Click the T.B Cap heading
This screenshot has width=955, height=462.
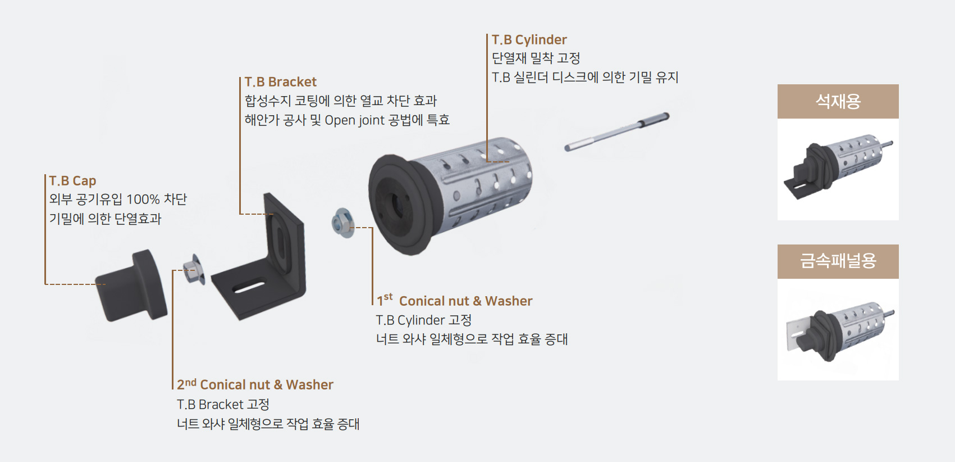pos(72,180)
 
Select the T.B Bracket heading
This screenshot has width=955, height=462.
pos(281,82)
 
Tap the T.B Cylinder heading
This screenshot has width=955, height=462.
pos(529,40)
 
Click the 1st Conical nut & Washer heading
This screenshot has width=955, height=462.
pos(455,301)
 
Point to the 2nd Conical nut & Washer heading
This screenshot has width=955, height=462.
pos(255,384)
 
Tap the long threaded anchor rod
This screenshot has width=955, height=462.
pos(616,132)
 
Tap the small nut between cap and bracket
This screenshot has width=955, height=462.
pos(194,270)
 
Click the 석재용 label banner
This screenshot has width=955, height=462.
pos(838,102)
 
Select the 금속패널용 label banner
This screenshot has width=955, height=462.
pos(838,261)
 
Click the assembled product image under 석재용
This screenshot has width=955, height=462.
pos(838,169)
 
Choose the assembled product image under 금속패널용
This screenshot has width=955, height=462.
pos(838,329)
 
